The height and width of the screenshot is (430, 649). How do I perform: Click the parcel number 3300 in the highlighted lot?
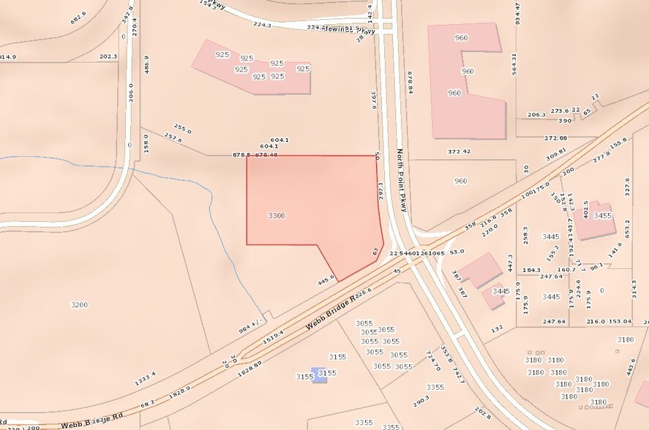[x=277, y=216]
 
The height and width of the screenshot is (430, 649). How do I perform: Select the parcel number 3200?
[x=79, y=304]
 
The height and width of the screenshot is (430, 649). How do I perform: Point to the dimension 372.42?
[x=459, y=151]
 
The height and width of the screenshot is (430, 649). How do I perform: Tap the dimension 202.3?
[x=108, y=56]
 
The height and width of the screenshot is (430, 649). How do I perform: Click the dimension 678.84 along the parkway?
[x=411, y=81]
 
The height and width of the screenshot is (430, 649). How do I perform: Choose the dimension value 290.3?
[x=421, y=401]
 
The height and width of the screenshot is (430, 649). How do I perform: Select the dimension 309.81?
[x=556, y=155]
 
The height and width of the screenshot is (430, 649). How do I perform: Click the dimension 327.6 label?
[x=627, y=188]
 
